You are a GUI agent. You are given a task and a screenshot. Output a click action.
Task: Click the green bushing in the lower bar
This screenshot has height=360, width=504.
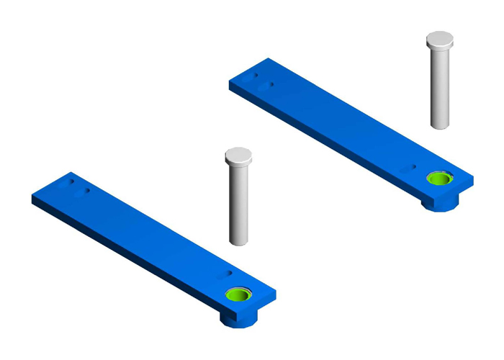(239, 294)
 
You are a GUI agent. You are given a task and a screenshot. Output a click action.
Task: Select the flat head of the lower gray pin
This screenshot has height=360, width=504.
(238, 156)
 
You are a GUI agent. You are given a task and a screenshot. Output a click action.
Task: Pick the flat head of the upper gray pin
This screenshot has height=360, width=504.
(439, 40)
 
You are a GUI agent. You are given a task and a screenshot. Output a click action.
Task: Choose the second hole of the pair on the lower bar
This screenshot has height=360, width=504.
(86, 191)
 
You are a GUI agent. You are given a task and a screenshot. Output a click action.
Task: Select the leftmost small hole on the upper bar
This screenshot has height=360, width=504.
(255, 74)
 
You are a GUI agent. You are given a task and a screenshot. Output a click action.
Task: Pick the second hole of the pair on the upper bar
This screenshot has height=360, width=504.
(271, 84)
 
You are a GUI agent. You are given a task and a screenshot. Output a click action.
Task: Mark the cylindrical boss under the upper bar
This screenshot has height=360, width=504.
(439, 203)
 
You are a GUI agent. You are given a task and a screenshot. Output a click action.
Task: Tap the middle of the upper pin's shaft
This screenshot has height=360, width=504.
(441, 86)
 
